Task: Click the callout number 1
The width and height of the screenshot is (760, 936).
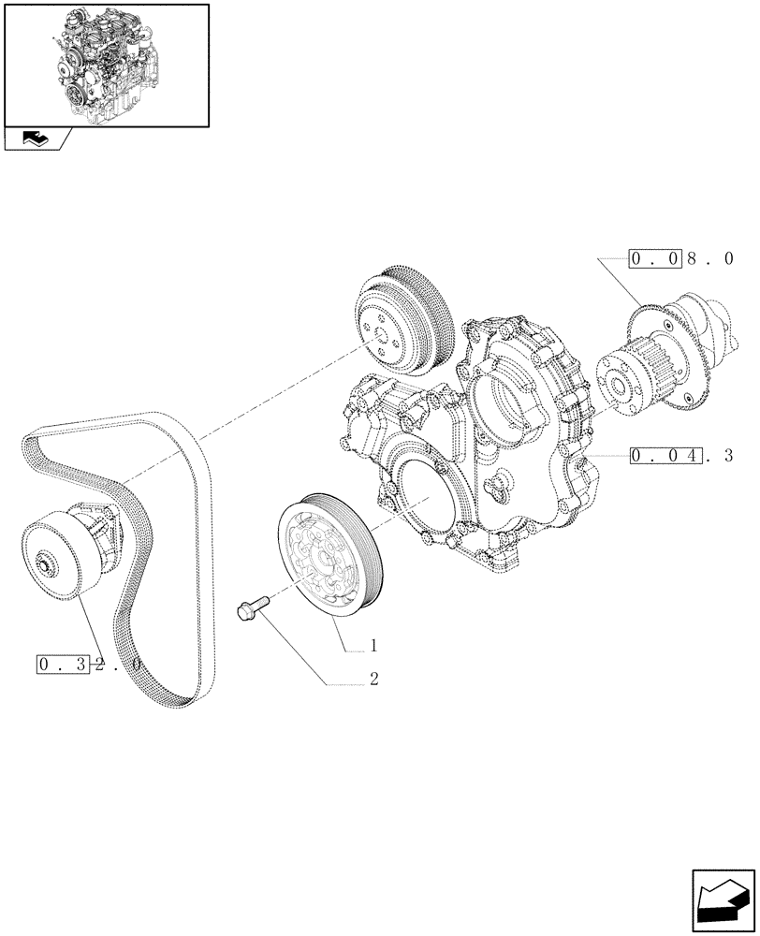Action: pyautogui.click(x=373, y=646)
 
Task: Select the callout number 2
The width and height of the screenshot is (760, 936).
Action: pyautogui.click(x=373, y=680)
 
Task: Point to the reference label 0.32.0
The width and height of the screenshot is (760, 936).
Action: pyautogui.click(x=89, y=665)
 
